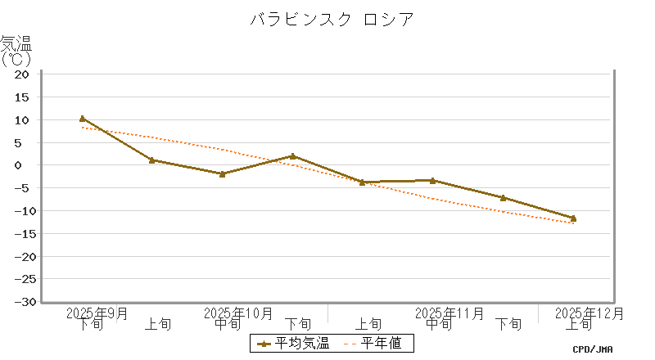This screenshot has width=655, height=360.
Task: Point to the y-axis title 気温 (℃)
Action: [x=16, y=50]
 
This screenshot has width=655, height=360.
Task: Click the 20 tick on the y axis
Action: [x=22, y=74]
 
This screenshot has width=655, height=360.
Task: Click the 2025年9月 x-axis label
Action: [x=97, y=313]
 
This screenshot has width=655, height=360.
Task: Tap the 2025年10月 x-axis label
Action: [x=237, y=313]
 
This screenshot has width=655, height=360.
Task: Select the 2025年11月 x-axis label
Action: [x=449, y=313]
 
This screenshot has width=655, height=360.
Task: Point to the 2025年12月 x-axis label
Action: [x=589, y=313]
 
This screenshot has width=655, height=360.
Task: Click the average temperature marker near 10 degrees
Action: [x=82, y=119]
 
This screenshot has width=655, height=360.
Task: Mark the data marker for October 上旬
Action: [x=152, y=160]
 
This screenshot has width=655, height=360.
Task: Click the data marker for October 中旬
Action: [x=222, y=173]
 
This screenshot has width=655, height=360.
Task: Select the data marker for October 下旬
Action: [x=292, y=155]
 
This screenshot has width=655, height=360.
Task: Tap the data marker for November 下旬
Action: [x=503, y=197]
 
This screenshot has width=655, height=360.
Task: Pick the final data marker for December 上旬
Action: [x=573, y=218]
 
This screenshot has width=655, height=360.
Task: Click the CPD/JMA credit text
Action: [x=593, y=349]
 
